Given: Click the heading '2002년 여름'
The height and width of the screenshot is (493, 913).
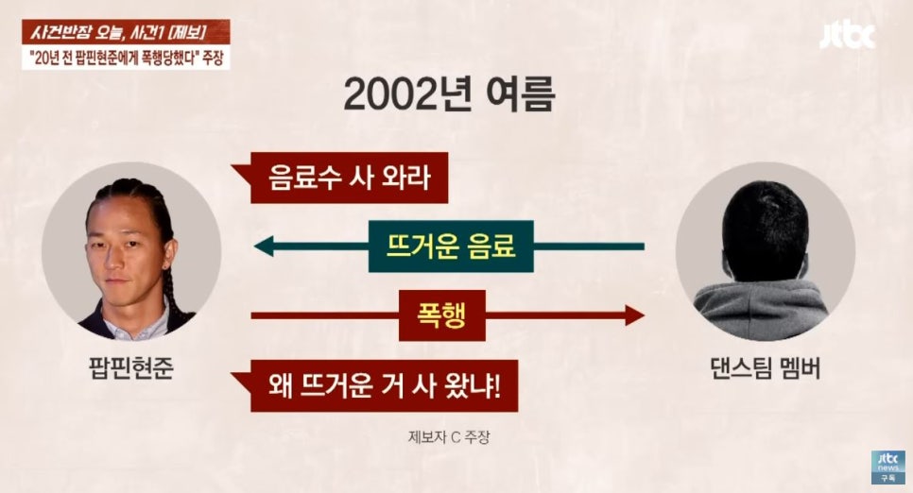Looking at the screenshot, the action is point(449,94).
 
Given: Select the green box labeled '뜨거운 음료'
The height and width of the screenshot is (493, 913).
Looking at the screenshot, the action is point(451,246).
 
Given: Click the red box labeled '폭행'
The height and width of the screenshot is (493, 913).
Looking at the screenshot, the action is point(442,315).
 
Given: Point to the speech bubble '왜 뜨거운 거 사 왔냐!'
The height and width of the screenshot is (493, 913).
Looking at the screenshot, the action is point(375,386).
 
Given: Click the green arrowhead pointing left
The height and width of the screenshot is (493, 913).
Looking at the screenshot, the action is point(263,246).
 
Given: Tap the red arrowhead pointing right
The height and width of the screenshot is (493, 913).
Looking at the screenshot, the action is point(635,315).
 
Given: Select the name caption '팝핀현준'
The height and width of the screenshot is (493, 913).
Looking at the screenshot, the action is point(130,367).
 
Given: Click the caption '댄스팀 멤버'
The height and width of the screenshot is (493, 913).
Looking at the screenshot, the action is point(766,367).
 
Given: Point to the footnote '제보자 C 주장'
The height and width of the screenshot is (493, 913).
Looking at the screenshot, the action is point(449,436).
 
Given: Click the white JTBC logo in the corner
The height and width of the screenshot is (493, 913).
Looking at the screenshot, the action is point(847,36).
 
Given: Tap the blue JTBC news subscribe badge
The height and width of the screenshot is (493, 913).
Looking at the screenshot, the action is point(888,467).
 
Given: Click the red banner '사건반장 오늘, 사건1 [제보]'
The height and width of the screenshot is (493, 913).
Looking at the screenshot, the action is point(126,31).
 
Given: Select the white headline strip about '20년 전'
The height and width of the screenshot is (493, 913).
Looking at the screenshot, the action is point(126,57).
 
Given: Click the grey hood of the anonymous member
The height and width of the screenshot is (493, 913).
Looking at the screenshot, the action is point(762,310).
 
